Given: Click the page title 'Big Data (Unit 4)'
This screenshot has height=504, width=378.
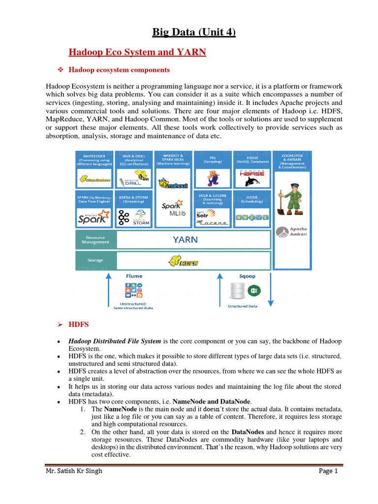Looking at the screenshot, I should tap(194, 33).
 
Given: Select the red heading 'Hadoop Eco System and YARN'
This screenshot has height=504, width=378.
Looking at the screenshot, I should tap(137, 52).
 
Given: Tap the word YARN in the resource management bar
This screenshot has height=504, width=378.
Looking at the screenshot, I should tap(185, 240).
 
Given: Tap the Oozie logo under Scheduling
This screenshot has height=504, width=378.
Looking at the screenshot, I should tap(252, 217).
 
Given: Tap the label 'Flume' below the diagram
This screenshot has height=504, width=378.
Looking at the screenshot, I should tap(133, 276).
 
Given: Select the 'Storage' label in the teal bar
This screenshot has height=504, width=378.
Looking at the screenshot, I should tap(95, 260).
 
